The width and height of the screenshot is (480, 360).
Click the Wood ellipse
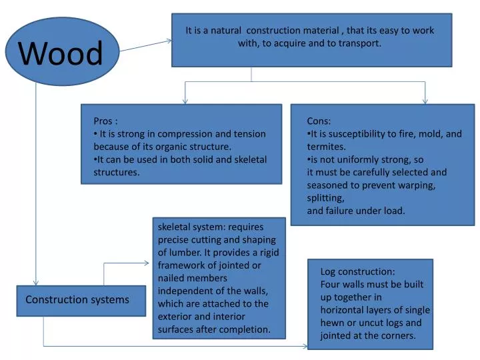[61, 52]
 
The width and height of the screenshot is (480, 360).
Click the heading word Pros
[103, 121]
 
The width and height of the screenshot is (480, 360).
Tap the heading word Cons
[318, 121]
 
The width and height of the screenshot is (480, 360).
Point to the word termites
[326, 147]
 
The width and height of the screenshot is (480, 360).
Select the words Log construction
[357, 271]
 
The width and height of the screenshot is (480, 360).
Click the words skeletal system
[191, 227]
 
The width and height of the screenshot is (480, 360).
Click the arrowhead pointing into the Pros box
[185, 101]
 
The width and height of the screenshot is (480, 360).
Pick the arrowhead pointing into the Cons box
[425, 101]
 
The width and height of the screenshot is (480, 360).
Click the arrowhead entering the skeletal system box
[149, 263]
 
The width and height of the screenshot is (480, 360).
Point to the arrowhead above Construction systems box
[36, 282]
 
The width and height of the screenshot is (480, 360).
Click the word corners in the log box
[398, 335]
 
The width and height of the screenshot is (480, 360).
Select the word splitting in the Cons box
[325, 198]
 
